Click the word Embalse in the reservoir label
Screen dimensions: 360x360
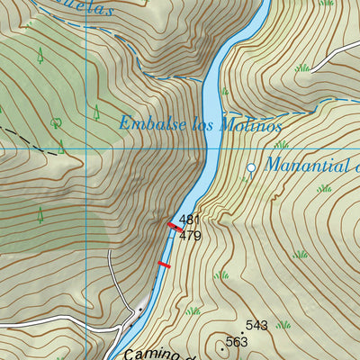tap(147, 123)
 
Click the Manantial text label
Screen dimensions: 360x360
tap(311, 166)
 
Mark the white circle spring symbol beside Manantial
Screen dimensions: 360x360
tap(251, 168)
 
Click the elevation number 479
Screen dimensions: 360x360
tap(189, 236)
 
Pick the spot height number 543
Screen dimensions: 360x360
tap(256, 325)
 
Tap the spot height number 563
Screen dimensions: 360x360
tap(237, 341)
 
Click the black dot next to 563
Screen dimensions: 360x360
tap(221, 343)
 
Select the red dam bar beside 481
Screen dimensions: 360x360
tap(171, 226)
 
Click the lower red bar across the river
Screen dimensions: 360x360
tap(164, 265)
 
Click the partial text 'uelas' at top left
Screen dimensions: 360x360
tap(67, 9)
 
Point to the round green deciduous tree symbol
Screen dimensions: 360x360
tap(57, 122)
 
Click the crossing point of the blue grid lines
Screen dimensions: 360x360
tap(85, 148)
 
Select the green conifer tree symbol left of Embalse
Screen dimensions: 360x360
tap(95, 112)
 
